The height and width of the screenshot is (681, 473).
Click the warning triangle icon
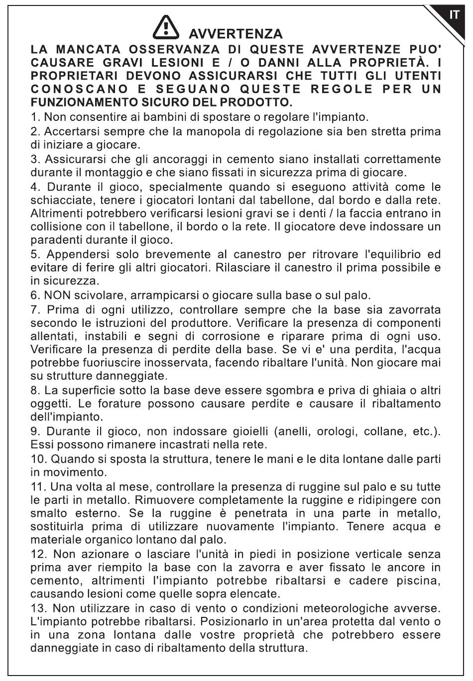[166, 29]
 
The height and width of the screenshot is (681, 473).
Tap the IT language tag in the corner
[454, 15]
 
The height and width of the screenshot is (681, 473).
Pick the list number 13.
[38, 608]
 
